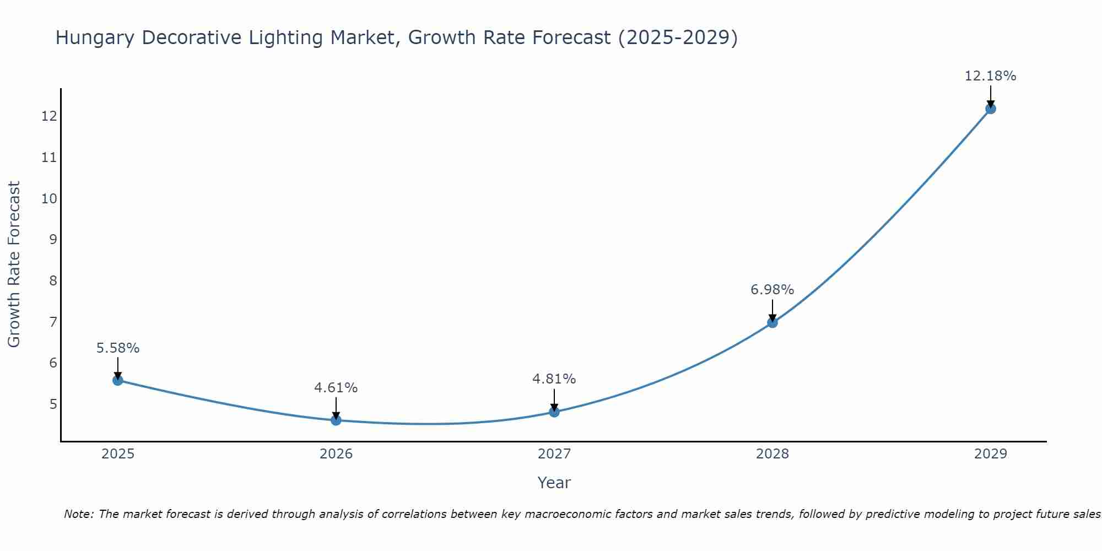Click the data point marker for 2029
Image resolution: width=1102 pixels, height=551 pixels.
coord(990,109)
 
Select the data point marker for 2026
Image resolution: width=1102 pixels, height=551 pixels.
coord(336,420)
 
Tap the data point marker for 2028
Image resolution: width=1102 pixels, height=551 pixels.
coord(773,322)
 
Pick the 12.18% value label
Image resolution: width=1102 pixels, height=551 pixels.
coord(990,76)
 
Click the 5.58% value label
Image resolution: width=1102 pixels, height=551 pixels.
coord(118,348)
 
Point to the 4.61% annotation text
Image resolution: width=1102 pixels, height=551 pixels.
coord(336,388)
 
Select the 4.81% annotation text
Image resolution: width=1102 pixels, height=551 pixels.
coord(554,379)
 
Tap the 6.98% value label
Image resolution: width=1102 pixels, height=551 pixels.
coord(773,290)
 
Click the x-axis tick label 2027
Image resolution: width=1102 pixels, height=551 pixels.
coord(554,454)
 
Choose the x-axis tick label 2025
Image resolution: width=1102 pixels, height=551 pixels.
coord(118,454)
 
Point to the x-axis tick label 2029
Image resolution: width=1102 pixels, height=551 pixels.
coord(990,454)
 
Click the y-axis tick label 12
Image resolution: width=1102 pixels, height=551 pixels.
coord(49,116)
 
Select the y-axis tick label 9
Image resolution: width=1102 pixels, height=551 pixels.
coord(53,240)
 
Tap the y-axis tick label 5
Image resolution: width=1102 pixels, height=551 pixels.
coord(53,404)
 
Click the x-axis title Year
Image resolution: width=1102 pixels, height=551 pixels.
coord(554,483)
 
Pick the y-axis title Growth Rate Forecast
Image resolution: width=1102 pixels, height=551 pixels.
coord(14,264)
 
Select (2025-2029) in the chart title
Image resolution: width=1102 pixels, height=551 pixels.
coord(678,38)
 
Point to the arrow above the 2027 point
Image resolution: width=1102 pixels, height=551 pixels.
coord(554,399)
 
